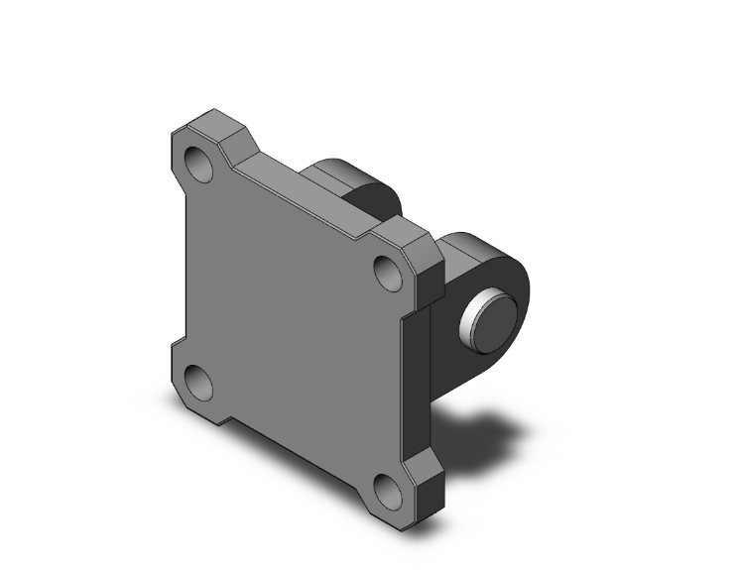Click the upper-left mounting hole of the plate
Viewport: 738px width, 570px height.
click(202, 162)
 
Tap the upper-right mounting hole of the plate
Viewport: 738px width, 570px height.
click(387, 267)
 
